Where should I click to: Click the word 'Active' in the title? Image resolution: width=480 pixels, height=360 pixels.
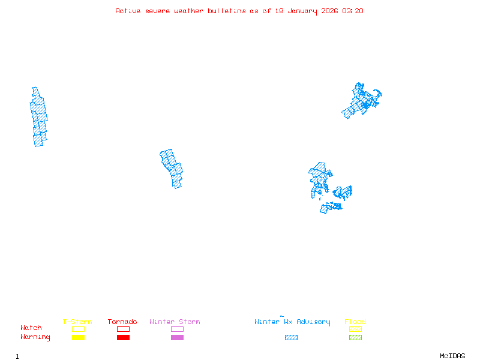tap(128, 11)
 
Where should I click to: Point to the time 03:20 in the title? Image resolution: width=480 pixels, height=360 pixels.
tap(353, 11)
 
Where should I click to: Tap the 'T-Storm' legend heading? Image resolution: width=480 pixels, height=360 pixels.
tap(77, 322)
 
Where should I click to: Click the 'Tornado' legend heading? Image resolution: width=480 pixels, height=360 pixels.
tap(122, 322)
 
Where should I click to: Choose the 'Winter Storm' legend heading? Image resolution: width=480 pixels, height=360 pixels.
tap(175, 322)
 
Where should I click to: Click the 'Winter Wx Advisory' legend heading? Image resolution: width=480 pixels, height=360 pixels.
tap(292, 322)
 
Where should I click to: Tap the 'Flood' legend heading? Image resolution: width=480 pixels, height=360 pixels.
tap(355, 322)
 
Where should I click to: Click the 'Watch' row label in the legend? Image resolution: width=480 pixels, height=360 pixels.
tap(31, 328)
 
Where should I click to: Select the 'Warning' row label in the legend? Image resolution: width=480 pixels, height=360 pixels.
tap(35, 337)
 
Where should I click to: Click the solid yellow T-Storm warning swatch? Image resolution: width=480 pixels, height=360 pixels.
tap(78, 338)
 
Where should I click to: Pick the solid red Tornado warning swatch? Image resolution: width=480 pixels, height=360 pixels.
tap(123, 338)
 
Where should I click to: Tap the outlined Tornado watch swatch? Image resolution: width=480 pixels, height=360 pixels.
tap(123, 329)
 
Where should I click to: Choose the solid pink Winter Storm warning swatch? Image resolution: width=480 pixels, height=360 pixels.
tap(177, 338)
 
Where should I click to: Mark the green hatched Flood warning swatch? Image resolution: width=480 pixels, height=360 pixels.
tap(355, 338)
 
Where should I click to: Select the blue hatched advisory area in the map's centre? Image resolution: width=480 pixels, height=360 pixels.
tap(172, 167)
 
